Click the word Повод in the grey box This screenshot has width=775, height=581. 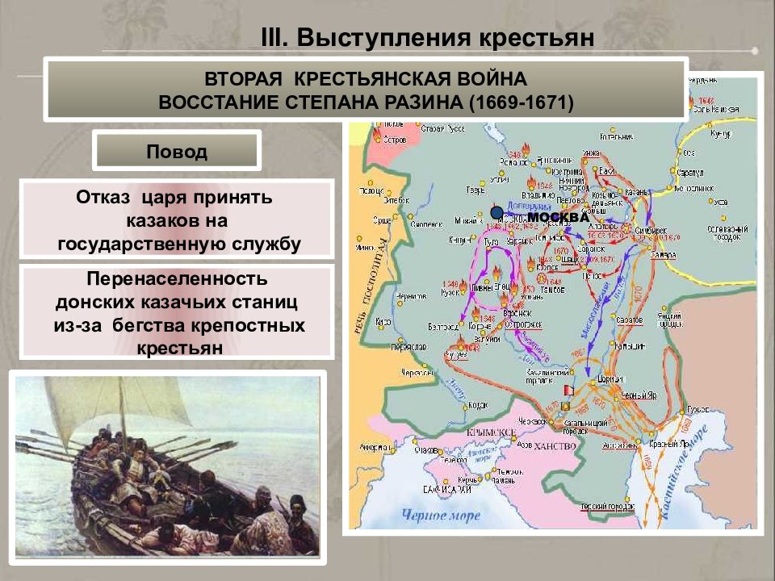(176, 151)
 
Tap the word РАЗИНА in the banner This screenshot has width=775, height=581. (424, 103)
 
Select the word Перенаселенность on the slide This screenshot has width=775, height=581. (177, 279)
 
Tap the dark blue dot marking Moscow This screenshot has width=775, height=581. (496, 212)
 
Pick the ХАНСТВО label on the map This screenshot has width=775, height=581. (555, 446)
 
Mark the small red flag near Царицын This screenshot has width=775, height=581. (567, 390)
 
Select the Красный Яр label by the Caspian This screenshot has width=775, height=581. (676, 443)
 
